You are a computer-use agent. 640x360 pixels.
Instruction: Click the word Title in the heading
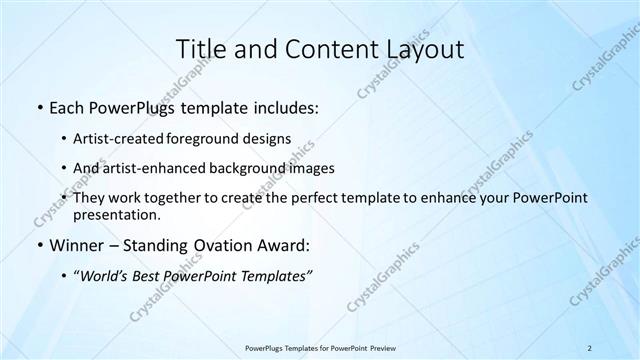(x=201, y=49)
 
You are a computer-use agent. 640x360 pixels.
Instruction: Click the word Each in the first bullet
(x=68, y=107)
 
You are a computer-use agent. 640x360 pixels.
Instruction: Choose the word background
(x=247, y=168)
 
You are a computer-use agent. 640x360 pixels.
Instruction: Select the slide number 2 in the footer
(x=590, y=347)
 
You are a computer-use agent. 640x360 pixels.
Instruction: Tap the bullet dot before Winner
(x=38, y=246)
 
